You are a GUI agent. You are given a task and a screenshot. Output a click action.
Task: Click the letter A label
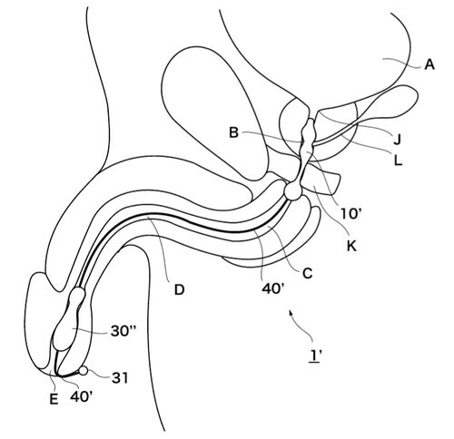[x=429, y=64]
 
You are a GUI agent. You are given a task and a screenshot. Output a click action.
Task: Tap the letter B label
[x=233, y=132]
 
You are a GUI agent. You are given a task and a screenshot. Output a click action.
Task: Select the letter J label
[x=397, y=140]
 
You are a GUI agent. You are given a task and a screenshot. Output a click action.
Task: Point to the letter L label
[x=398, y=161]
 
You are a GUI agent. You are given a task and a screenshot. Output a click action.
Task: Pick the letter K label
[x=351, y=247]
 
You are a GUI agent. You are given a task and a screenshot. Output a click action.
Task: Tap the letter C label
[x=307, y=274]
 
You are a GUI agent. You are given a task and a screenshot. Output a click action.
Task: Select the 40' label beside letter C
[x=272, y=289]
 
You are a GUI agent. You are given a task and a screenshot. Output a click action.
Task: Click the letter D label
[x=179, y=290]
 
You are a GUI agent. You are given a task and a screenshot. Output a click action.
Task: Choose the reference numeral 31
[x=120, y=378]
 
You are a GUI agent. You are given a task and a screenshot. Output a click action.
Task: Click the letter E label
[x=54, y=400]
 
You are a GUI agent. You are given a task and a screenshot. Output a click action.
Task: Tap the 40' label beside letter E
[x=82, y=396]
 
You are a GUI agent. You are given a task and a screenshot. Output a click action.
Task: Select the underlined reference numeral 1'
[x=315, y=356]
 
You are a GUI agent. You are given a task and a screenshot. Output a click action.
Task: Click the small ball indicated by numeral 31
[x=84, y=370]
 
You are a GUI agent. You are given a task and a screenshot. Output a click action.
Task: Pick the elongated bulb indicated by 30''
[x=69, y=319]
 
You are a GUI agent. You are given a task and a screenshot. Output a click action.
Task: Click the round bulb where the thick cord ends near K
[x=292, y=190]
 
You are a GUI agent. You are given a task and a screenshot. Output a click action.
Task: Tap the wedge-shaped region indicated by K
[x=321, y=180]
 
